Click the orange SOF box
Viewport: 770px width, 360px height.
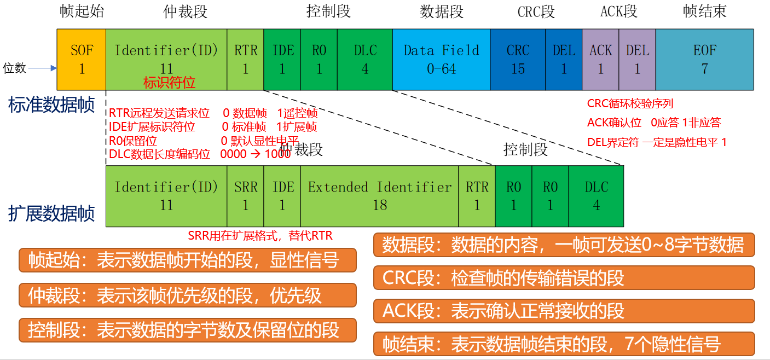coord(82,60)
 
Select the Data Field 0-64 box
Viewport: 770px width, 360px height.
coord(441,60)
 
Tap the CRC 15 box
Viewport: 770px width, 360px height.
coord(518,60)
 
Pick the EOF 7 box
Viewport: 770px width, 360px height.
coord(704,60)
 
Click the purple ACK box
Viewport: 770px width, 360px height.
coord(600,60)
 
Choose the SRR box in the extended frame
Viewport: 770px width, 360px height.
coord(245,196)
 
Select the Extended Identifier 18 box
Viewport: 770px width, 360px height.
coord(380,196)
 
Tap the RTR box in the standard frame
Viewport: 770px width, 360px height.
coord(245,60)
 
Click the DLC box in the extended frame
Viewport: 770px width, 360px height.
coord(596,196)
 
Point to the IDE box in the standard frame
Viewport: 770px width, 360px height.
coord(282,60)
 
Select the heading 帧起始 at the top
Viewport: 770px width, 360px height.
coord(82,11)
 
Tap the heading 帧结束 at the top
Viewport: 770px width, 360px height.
coord(705,11)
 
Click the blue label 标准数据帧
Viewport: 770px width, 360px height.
coord(52,104)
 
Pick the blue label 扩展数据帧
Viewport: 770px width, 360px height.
coord(52,213)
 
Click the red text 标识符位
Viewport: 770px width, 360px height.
coord(169,83)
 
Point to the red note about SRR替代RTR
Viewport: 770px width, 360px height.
coord(260,236)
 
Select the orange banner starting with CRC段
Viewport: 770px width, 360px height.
coord(564,278)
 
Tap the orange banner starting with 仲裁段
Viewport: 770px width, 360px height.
coord(188,295)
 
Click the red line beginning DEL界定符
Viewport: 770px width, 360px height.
coord(657,142)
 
